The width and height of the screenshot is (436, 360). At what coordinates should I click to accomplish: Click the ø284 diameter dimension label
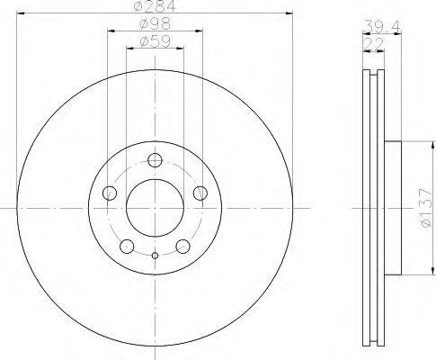pyautogui.click(x=155, y=6)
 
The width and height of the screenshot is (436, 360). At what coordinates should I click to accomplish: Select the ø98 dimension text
pyautogui.click(x=155, y=24)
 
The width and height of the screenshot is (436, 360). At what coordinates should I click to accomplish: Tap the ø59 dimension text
pyautogui.click(x=155, y=41)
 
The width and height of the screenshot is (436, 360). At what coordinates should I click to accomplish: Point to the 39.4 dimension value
pyautogui.click(x=381, y=27)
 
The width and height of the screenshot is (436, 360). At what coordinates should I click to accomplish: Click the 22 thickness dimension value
pyautogui.click(x=373, y=44)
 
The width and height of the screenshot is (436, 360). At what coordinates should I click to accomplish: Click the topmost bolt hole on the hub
pyautogui.click(x=155, y=160)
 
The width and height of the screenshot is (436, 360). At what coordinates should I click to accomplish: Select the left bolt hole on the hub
pyautogui.click(x=110, y=193)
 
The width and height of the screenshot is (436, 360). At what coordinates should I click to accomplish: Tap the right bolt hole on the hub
pyautogui.click(x=200, y=193)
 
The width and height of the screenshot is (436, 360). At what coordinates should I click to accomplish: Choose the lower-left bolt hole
pyautogui.click(x=127, y=247)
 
